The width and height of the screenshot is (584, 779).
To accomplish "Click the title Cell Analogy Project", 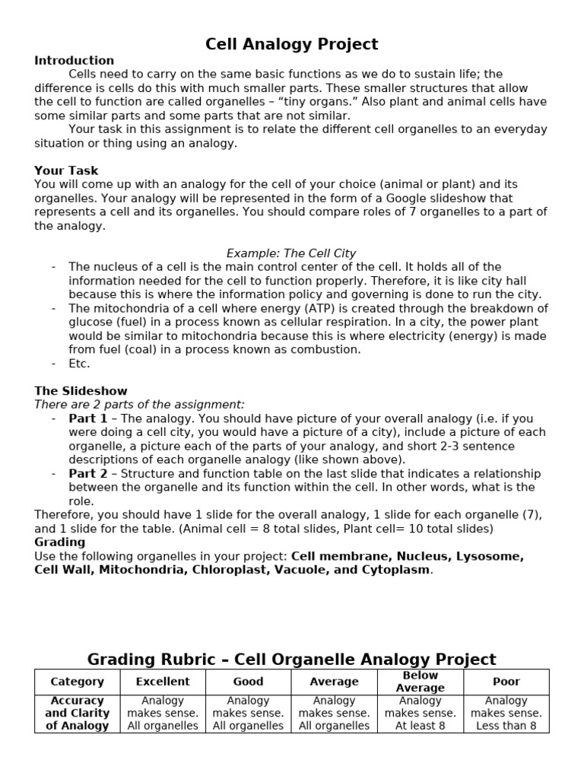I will pos(291,44).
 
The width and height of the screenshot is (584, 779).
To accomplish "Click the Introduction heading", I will pos(74,61).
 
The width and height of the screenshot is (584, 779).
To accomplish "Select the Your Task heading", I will pos(66,170).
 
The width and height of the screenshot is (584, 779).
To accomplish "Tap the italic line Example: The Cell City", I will pos(291,253).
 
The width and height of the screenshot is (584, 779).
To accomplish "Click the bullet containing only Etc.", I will pos(79,364).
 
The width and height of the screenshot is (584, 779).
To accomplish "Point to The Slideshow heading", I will pos(81,391).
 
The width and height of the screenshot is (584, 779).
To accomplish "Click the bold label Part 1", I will pos(88,418).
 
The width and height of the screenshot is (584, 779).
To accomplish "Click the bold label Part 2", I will pos(88,473).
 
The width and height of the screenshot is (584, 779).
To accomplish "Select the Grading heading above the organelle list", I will pos(60,542).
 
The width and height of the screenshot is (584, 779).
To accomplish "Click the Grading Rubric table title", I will pos(291,659).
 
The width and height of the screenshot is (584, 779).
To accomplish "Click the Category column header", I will pos(77,682).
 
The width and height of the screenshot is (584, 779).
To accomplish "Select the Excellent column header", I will pos(163,682).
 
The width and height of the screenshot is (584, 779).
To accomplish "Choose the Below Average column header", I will pos(420,682).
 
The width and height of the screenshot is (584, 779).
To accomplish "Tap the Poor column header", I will pos(506,682).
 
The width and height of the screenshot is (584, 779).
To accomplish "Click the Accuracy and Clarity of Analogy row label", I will pos(77,714).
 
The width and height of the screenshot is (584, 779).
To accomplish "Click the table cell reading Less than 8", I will pos(506,726).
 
